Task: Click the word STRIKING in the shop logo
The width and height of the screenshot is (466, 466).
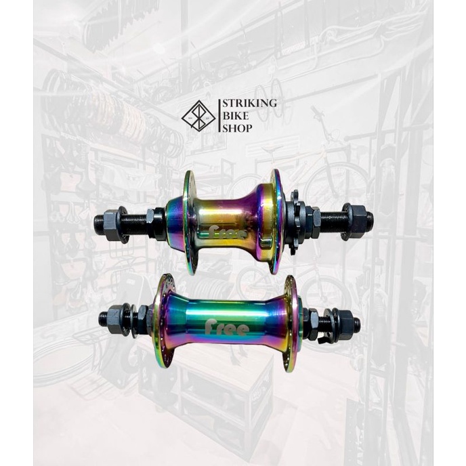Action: (x=250, y=104)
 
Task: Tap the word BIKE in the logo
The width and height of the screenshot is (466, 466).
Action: (x=236, y=116)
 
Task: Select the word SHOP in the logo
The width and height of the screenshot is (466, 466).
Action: (x=238, y=128)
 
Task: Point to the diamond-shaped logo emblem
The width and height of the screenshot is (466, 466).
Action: (x=198, y=116)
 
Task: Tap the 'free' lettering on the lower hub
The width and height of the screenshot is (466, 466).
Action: (x=227, y=327)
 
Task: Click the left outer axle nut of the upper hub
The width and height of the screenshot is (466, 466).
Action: (x=112, y=222)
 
